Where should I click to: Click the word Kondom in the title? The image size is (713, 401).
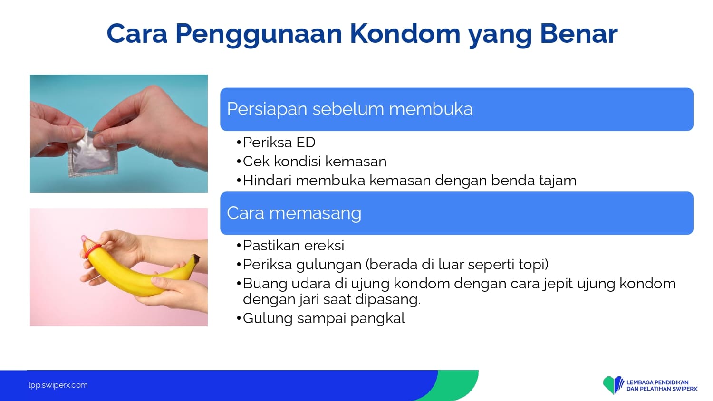coord(405,33)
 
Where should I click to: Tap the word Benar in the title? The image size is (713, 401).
coord(578,33)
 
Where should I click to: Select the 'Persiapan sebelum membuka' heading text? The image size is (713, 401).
coord(350,109)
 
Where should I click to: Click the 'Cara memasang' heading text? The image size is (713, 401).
coord(294,213)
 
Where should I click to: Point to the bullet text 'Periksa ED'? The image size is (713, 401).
coord(279,142)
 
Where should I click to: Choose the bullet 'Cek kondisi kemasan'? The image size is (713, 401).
coord(315,162)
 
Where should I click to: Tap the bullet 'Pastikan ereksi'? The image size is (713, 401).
coord(293,245)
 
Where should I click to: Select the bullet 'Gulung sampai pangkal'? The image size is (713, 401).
coord(324,318)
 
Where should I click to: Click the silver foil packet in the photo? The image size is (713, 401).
coord(92,153)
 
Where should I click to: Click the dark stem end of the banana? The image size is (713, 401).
coord(196,259)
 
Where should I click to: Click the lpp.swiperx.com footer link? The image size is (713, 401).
coord(58,385)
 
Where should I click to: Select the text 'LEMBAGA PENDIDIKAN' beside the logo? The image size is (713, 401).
coord(657,382)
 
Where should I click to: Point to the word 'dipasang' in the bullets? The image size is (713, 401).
coord(394,299)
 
